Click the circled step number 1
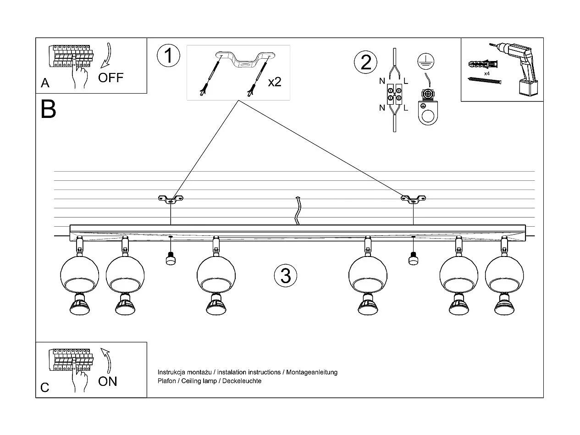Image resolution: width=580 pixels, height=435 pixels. [168, 56]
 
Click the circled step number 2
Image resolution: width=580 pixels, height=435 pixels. [366, 62]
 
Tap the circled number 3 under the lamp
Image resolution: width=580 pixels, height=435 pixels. [285, 276]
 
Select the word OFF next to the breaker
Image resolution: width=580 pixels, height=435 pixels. [111, 77]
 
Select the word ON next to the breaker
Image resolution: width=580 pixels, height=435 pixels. [108, 381]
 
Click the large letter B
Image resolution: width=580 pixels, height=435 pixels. [48, 109]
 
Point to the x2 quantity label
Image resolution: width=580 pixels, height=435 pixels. [274, 82]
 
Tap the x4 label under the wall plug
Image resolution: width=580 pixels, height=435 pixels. [486, 73]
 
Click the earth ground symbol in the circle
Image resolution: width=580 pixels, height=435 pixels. [426, 61]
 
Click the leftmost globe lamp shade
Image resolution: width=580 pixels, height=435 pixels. [79, 275]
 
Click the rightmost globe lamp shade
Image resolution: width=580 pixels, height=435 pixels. [504, 275]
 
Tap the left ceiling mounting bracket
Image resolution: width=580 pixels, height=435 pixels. [171, 199]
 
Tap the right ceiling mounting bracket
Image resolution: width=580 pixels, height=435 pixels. [413, 199]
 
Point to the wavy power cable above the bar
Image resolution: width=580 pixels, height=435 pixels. [298, 211]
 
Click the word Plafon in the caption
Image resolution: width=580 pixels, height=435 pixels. [166, 381]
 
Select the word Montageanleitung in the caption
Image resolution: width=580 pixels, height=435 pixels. [312, 372]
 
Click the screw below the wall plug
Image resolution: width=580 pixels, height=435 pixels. [484, 81]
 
